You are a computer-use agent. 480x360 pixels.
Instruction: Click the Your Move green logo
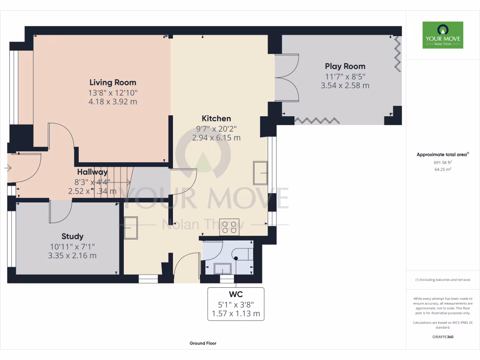tap(442, 35)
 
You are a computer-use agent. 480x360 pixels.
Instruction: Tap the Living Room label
tap(112, 83)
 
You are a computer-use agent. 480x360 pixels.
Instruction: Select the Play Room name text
tap(345, 67)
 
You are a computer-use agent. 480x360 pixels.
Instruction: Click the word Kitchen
tap(216, 119)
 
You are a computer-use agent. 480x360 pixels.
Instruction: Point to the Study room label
tap(72, 236)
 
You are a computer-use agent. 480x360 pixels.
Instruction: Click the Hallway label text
tap(92, 172)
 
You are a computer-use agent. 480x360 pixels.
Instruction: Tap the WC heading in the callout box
tap(235, 294)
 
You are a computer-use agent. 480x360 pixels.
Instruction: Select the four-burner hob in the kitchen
tap(229, 227)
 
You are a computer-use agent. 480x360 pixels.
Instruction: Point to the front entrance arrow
tap(8, 167)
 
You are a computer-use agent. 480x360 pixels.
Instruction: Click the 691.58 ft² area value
tap(442, 163)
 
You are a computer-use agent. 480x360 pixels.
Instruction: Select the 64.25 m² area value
tap(442, 170)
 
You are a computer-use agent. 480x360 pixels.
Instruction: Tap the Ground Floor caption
tap(203, 343)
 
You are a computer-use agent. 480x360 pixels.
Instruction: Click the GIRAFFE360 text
tap(442, 337)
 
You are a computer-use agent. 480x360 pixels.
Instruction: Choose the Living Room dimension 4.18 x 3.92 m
tap(112, 102)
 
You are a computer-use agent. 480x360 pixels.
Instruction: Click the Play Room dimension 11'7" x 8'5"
tap(345, 76)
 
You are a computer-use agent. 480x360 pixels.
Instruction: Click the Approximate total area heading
tap(442, 155)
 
